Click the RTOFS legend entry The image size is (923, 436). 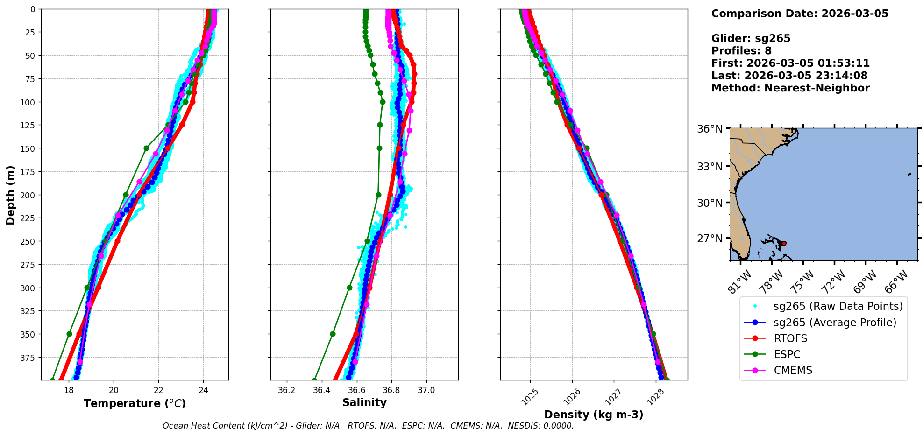(790, 338)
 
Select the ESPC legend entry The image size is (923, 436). (787, 354)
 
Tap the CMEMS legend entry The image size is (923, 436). (793, 370)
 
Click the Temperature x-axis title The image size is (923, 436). (135, 403)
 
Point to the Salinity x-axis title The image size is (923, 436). (364, 402)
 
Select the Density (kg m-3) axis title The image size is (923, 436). (594, 415)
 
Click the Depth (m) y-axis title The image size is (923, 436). (10, 195)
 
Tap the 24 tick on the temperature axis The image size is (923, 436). (203, 390)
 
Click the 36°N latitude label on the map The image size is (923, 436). (710, 129)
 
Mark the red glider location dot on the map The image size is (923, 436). (784, 243)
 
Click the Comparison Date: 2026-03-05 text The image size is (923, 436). (800, 14)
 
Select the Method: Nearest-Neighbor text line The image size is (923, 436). (790, 88)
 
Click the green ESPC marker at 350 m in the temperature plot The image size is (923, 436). (70, 334)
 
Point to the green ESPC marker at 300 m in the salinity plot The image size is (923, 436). (349, 288)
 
